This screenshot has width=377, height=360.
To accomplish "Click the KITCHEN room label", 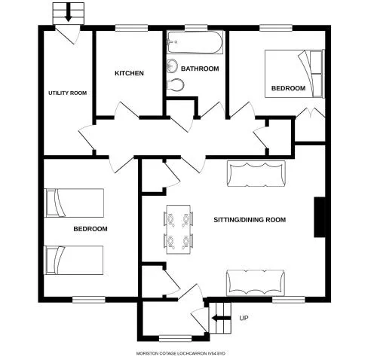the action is click(129, 73).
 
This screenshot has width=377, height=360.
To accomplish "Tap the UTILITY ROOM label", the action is click(67, 93).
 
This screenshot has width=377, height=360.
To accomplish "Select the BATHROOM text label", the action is click(200, 69).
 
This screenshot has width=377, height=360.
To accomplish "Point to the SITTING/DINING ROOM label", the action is click(250, 220).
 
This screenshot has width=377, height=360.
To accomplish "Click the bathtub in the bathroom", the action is click(195, 42).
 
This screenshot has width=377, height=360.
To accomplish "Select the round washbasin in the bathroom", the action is click(172, 66).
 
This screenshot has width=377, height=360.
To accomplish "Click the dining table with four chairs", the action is click(179, 230).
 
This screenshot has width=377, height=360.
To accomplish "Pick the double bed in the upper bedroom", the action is click(294, 74).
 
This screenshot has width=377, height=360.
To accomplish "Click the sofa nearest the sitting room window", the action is click(256, 283).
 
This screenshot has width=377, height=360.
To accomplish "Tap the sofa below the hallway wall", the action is click(256, 174).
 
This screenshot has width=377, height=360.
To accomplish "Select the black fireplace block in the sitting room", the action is click(320, 217).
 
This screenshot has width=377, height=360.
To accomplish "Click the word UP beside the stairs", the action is click(244, 318).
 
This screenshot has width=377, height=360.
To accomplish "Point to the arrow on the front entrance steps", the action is click(221, 319).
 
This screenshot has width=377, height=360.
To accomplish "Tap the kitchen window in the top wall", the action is click(131, 28).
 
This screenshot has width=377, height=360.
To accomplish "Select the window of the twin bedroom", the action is click(89, 300).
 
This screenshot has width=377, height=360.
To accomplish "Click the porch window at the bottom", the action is click(176, 338).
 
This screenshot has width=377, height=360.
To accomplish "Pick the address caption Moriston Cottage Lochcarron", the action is click(181, 353).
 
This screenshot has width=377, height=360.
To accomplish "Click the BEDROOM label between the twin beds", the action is click(90, 229).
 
